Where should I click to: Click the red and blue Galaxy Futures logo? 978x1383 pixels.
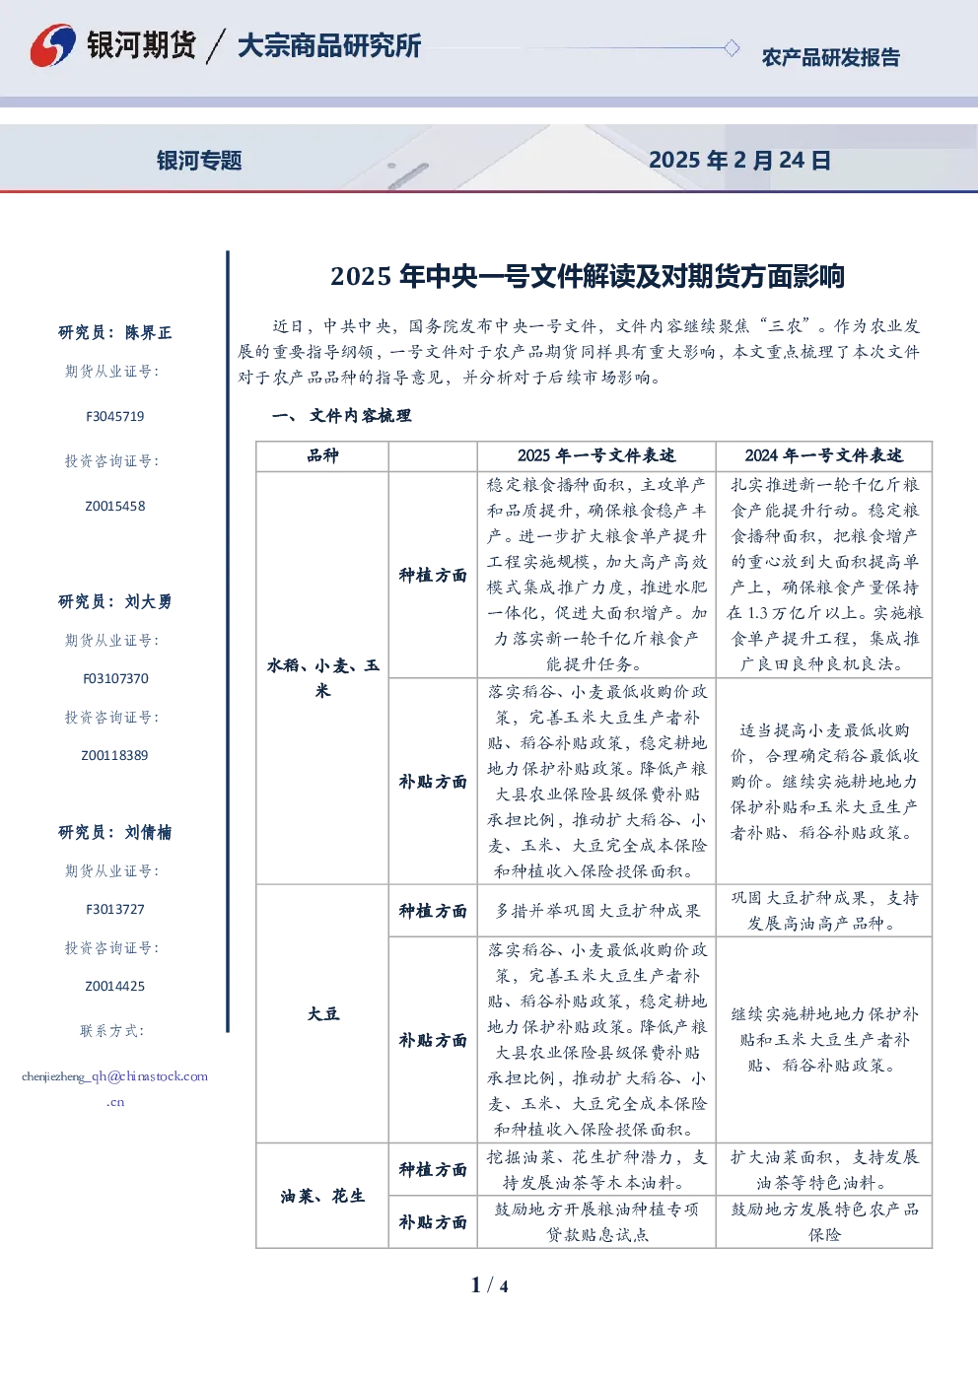[x=52, y=44]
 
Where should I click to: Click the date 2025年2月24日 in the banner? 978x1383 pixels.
[x=739, y=160]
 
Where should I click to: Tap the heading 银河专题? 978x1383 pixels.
[x=199, y=161]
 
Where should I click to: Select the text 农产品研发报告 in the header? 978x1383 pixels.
[x=830, y=57]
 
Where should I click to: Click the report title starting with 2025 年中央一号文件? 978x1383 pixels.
[x=588, y=276]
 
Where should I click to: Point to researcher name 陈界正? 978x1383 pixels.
[x=148, y=332]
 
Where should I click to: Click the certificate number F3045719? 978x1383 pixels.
[x=114, y=416]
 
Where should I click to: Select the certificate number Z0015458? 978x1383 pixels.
[x=114, y=506]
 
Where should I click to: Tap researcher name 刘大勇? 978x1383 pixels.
[x=148, y=601]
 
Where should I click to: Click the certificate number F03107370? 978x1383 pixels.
[x=115, y=678]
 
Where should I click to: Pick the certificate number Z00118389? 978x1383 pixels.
[x=114, y=755]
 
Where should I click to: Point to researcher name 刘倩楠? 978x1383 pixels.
[x=148, y=832]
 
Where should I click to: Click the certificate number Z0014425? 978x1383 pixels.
[x=114, y=986]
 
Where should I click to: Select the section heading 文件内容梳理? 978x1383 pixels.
[x=360, y=416]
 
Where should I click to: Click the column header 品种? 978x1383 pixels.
[x=322, y=455]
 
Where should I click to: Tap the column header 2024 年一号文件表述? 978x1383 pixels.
[x=823, y=455]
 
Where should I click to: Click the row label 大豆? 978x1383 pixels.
[x=323, y=1013]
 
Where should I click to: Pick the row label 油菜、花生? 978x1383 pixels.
[x=322, y=1196]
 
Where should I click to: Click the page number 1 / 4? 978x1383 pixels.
[x=489, y=1285]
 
